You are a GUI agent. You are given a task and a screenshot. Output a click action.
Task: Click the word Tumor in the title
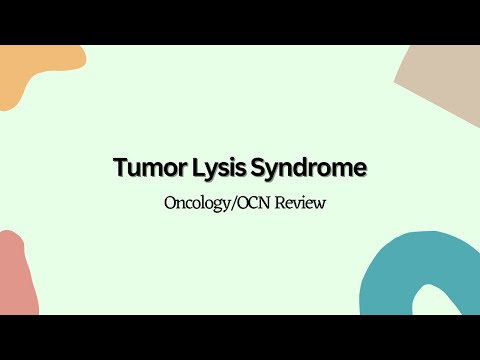[x=147, y=169]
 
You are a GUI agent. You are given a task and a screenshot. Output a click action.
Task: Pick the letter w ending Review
[x=321, y=203]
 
